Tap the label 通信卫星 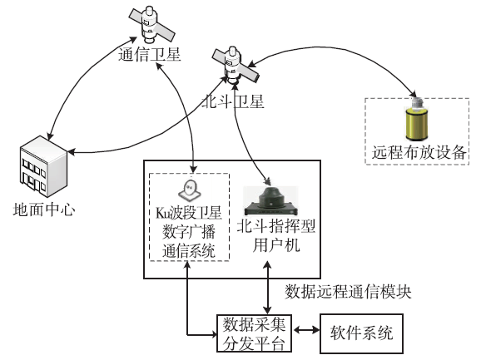pos(150,56)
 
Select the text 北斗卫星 pos(233,101)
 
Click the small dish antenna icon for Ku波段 pos(191,191)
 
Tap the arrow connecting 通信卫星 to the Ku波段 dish pos(185,116)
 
